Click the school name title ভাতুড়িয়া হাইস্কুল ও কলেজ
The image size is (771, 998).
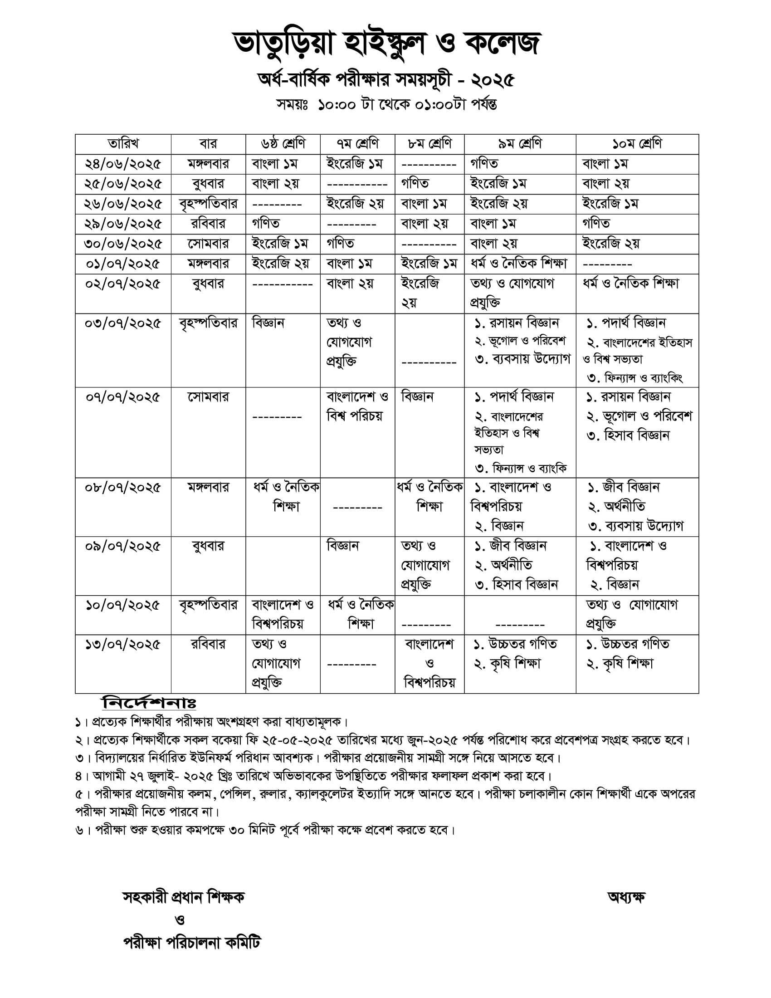click(386, 45)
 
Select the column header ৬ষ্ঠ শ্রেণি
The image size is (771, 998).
click(283, 144)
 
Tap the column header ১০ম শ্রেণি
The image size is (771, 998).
click(637, 144)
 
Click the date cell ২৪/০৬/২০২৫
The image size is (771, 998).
click(123, 164)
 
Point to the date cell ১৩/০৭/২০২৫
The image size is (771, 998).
click(123, 645)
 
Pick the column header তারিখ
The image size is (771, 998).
click(123, 144)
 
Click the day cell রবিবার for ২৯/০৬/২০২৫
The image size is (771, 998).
click(208, 224)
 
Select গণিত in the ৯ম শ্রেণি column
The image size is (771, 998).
click(484, 164)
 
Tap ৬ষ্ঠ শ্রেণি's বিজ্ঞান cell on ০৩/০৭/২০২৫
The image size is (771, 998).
click(268, 323)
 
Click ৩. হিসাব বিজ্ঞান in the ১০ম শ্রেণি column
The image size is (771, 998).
click(628, 435)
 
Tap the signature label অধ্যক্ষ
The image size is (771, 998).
click(626, 897)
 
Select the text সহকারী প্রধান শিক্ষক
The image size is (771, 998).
click(184, 897)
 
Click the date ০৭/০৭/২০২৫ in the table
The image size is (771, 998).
click(123, 397)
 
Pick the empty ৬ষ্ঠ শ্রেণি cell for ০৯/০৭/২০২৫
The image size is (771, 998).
click(283, 566)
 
